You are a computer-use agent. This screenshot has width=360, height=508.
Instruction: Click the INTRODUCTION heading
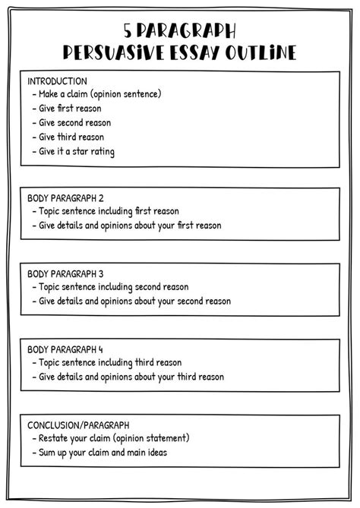pyautogui.click(x=57, y=80)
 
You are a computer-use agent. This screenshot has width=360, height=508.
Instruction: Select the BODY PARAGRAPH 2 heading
pyautogui.click(x=65, y=197)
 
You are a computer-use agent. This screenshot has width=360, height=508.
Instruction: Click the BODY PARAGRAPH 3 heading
pyautogui.click(x=65, y=273)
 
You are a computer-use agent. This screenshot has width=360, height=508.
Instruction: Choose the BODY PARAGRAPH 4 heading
pyautogui.click(x=65, y=349)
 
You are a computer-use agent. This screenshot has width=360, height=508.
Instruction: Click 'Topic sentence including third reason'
pyautogui.click(x=110, y=363)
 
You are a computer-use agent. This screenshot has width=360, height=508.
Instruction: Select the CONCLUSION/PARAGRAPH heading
pyautogui.click(x=78, y=424)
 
